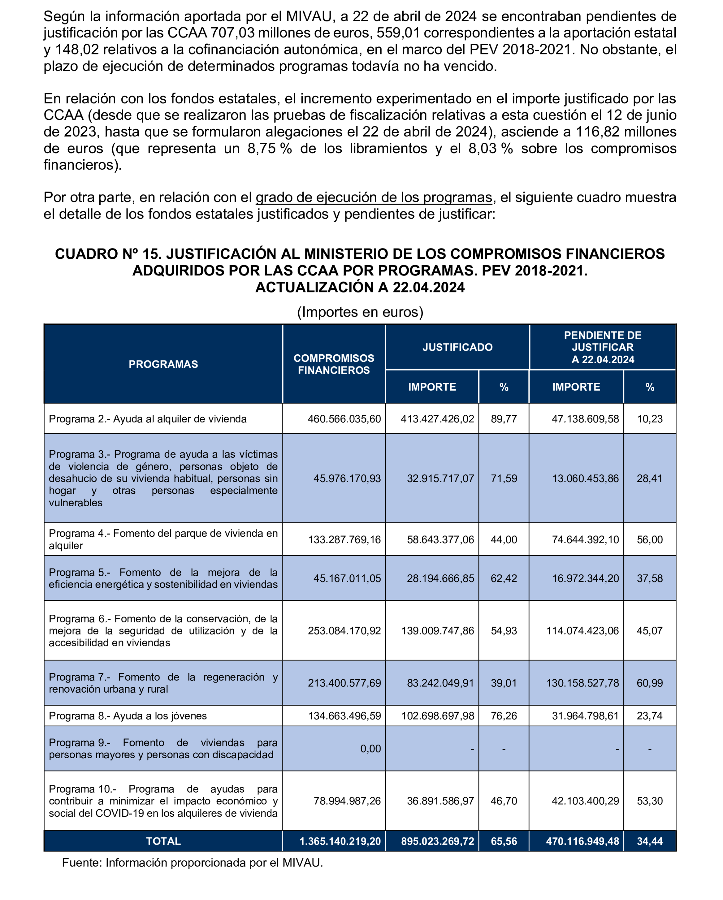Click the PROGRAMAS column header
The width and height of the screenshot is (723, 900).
[163, 364]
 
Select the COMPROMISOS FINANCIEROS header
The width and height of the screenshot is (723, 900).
[334, 364]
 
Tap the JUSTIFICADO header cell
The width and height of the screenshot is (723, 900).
[457, 347]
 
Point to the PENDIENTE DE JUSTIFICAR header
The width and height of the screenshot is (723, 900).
[602, 347]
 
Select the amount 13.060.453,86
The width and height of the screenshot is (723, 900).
[585, 478]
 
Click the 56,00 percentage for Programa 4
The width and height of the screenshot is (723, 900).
[650, 539]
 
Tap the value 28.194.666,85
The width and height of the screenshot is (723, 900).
[440, 578]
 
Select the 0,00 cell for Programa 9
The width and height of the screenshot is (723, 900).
[370, 748]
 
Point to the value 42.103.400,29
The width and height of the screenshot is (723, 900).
[585, 801]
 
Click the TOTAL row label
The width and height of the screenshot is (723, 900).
[163, 841]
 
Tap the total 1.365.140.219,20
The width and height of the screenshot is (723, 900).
[340, 841]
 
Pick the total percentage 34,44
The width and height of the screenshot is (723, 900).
[650, 841]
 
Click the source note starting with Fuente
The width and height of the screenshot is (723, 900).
[192, 863]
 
